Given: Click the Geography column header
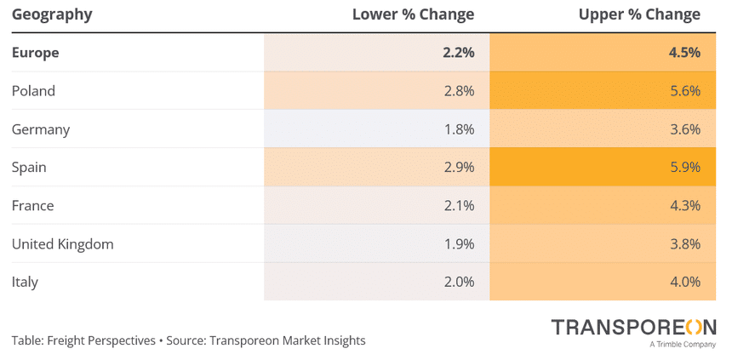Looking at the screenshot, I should pyautogui.click(x=52, y=14).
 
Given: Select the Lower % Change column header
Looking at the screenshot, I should pyautogui.click(x=414, y=14).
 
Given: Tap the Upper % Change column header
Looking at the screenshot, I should pyautogui.click(x=639, y=14).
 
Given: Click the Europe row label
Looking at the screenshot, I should pyautogui.click(x=35, y=53).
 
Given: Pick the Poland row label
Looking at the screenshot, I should pyautogui.click(x=33, y=91).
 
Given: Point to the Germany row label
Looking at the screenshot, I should pyautogui.click(x=41, y=129).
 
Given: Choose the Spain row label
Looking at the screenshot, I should pyautogui.click(x=29, y=168).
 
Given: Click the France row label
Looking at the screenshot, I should pyautogui.click(x=32, y=206).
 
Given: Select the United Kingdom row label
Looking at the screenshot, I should pyautogui.click(x=62, y=244).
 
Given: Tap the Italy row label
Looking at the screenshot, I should pyautogui.click(x=25, y=283).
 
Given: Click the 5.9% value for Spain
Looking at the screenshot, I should pyautogui.click(x=684, y=168).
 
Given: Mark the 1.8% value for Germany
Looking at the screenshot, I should pyautogui.click(x=459, y=129).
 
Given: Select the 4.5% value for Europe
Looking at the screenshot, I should pyautogui.click(x=684, y=53).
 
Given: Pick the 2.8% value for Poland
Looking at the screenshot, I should pyautogui.click(x=459, y=91).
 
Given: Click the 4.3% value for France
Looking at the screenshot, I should pyautogui.click(x=684, y=206).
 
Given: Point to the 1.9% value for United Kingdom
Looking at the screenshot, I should pyautogui.click(x=459, y=244).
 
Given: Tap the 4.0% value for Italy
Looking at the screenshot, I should pyautogui.click(x=684, y=283).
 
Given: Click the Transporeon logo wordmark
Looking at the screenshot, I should pyautogui.click(x=633, y=327).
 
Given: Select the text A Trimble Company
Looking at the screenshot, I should pyautogui.click(x=682, y=345).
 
